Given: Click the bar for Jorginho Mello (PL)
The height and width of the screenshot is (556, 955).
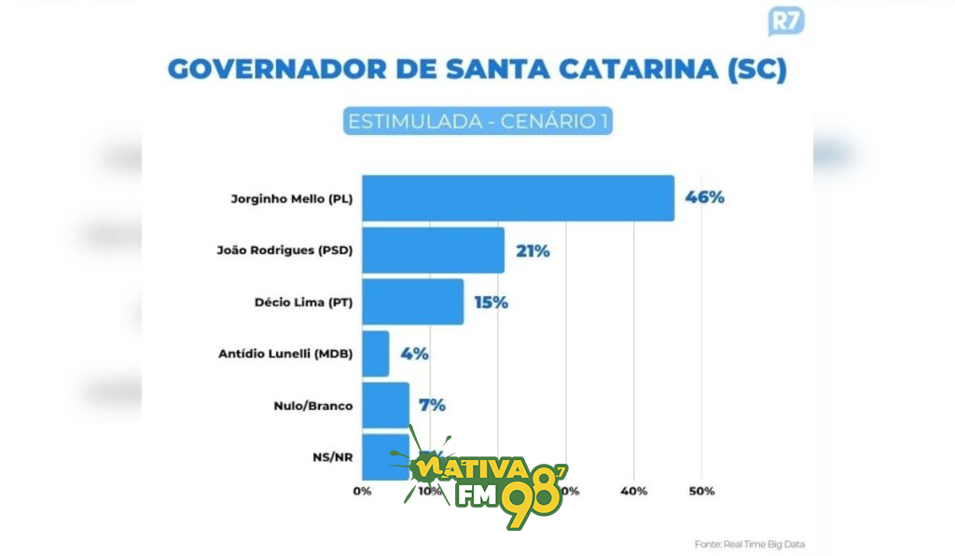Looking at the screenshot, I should coord(518,198).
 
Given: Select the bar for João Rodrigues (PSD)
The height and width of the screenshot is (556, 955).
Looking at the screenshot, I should coord(433,251).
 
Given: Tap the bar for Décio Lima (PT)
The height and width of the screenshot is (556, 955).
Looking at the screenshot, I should coord(412,302).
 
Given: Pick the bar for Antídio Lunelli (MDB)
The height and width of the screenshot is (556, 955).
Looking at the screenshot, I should coord(375,354).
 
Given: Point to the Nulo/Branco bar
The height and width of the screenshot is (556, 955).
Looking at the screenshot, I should coord(385,405).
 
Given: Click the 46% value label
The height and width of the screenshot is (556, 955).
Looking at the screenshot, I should coord(705,198).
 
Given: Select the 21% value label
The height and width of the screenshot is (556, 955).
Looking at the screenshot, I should coord(532,251).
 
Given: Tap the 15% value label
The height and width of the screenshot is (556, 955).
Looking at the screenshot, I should coord(491,302).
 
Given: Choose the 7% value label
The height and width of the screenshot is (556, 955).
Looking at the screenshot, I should coord(431,405).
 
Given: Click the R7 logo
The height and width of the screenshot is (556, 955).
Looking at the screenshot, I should coord(786,20).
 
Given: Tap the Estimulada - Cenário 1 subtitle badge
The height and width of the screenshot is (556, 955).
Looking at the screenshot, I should coord(477,122).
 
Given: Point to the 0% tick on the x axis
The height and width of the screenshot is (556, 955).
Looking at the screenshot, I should coord(362,491).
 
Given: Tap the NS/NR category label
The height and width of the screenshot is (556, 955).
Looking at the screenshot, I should coord(333,457).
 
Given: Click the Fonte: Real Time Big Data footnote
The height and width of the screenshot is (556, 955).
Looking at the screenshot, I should coord(750,544).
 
